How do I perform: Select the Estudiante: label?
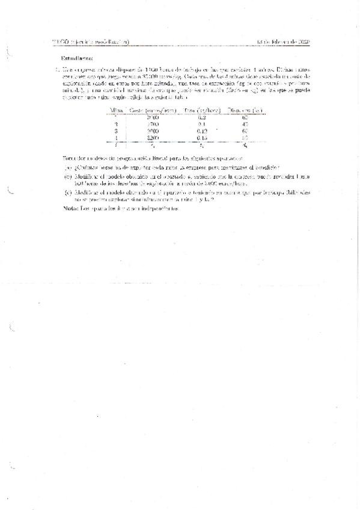coord(78,58)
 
